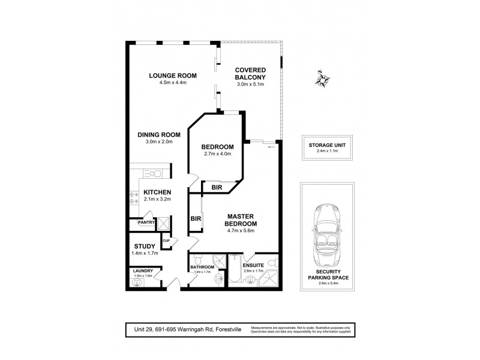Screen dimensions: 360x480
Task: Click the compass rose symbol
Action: [x=323, y=79]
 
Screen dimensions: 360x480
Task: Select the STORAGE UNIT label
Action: [x=327, y=145]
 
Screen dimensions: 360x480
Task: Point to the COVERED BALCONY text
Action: [x=250, y=73]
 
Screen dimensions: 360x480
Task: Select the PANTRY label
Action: [x=146, y=223]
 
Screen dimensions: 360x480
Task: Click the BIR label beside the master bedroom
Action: [x=195, y=218]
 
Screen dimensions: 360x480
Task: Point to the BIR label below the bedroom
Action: [x=217, y=188]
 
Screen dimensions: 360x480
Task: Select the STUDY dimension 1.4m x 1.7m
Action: [x=145, y=254]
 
